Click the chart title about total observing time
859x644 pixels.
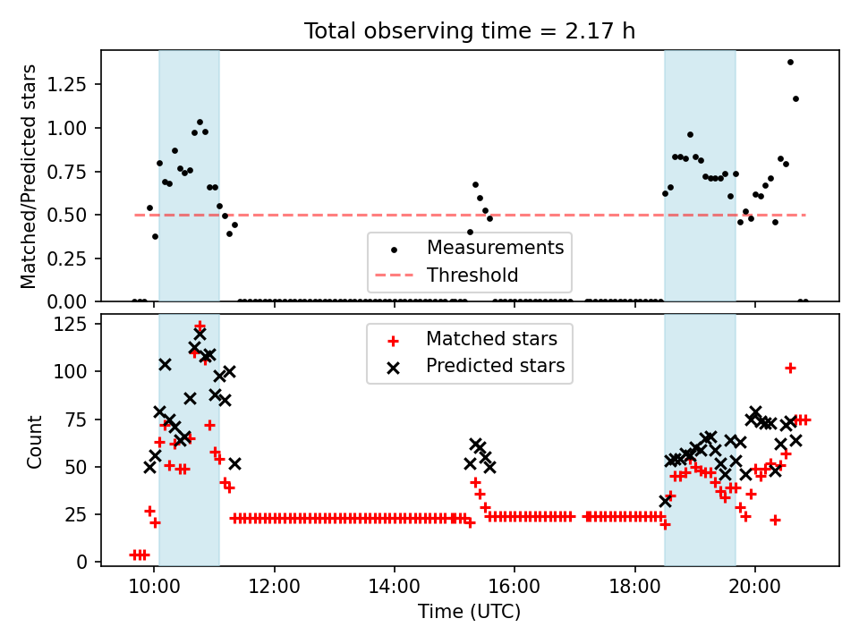(x=470, y=31)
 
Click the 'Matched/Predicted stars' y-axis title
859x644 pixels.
(x=30, y=176)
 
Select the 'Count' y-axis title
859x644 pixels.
(x=35, y=441)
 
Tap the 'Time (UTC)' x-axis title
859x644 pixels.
(x=469, y=612)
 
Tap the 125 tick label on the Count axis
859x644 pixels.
(x=78, y=325)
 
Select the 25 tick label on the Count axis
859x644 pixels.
(x=83, y=514)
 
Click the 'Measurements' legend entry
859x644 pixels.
(x=495, y=248)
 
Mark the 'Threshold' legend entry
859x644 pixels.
(x=472, y=275)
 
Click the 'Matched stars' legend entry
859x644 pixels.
(x=491, y=339)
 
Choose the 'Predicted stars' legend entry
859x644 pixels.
(x=495, y=366)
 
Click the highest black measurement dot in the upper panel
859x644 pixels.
(x=790, y=62)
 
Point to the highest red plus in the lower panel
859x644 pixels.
(x=200, y=326)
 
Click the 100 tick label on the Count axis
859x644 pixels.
(x=78, y=371)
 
